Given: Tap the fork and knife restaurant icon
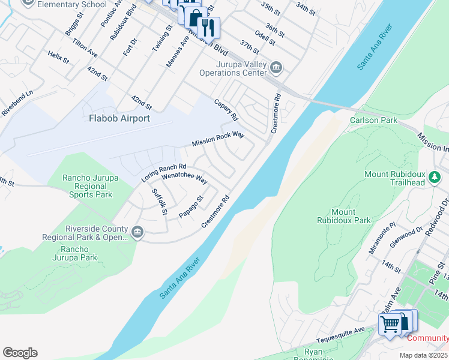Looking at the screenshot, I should (x=208, y=27).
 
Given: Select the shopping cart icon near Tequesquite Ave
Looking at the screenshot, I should (x=390, y=325).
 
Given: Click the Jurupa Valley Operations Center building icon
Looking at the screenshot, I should (x=276, y=67).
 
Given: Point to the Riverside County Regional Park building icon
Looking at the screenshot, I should (x=137, y=232).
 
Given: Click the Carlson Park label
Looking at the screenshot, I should (x=374, y=120).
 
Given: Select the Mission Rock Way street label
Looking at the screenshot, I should (x=218, y=139).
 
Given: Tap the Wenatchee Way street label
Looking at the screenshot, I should (x=184, y=180).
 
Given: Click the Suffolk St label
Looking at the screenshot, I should (x=159, y=202).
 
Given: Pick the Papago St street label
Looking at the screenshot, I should (x=191, y=207).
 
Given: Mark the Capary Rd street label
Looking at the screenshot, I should (x=226, y=109).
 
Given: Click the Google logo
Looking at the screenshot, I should (x=20, y=353).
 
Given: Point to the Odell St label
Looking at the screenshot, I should (x=265, y=38).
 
